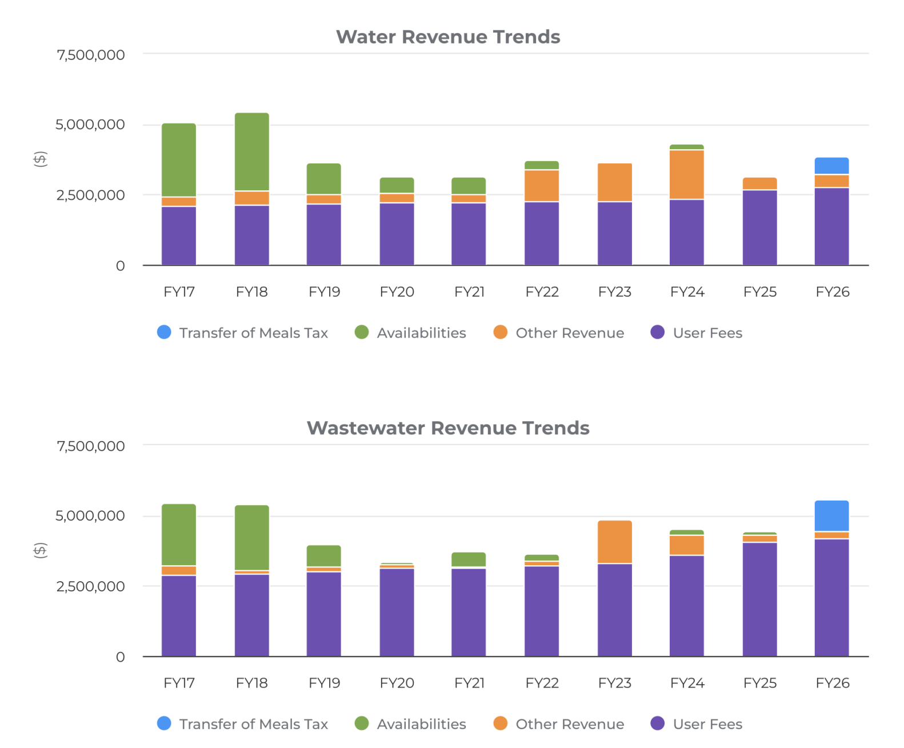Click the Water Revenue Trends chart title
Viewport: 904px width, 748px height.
(x=447, y=37)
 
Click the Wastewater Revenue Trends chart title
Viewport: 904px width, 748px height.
(x=447, y=428)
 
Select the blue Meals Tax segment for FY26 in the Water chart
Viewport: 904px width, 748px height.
(x=831, y=166)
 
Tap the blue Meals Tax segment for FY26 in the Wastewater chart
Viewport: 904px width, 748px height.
(x=831, y=516)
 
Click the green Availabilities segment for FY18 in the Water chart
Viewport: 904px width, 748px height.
(x=251, y=152)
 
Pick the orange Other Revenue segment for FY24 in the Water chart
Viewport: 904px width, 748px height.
(x=686, y=174)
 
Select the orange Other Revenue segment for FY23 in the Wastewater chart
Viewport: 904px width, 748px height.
(x=614, y=542)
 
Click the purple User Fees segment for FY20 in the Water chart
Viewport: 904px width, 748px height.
(x=397, y=234)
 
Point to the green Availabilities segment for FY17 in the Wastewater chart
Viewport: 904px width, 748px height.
(x=179, y=535)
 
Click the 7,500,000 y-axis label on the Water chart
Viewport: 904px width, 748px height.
(x=90, y=55)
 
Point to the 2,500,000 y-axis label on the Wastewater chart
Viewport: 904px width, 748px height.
(x=90, y=586)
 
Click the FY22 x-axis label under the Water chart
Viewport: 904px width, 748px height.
(x=542, y=292)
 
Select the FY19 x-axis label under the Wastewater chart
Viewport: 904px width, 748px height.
(x=324, y=683)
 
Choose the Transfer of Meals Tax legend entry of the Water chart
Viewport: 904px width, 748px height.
(x=243, y=333)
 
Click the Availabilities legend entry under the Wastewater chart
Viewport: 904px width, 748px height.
(x=410, y=724)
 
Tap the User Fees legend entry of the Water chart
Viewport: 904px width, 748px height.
(x=697, y=333)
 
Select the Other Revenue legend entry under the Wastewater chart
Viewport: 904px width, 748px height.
(x=559, y=724)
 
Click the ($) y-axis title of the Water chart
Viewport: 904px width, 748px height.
(x=40, y=159)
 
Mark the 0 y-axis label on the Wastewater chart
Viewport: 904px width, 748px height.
(x=120, y=657)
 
